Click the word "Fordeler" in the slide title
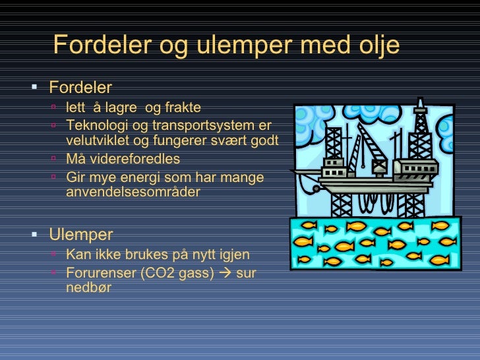(x=99, y=45)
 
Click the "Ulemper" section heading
(x=81, y=235)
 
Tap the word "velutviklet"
(x=99, y=140)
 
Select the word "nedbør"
(x=89, y=287)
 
